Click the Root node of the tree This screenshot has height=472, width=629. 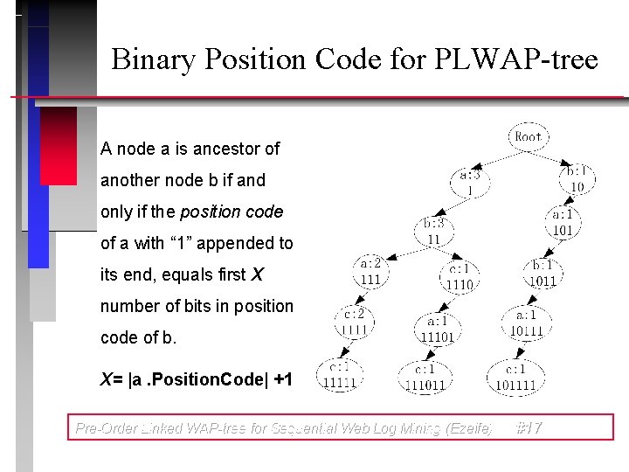[528, 136]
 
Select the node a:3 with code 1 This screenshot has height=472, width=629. [470, 182]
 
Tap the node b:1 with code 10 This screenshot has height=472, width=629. [577, 178]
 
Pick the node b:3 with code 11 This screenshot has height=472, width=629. [433, 231]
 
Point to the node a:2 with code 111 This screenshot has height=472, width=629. [370, 271]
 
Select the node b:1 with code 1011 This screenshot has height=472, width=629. [543, 273]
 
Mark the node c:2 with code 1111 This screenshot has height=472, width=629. [355, 322]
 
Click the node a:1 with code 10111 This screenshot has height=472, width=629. [527, 323]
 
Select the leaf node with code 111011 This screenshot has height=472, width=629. [425, 378]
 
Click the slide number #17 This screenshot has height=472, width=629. [529, 428]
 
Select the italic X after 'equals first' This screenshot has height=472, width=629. [257, 275]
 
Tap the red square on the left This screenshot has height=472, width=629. [59, 145]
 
